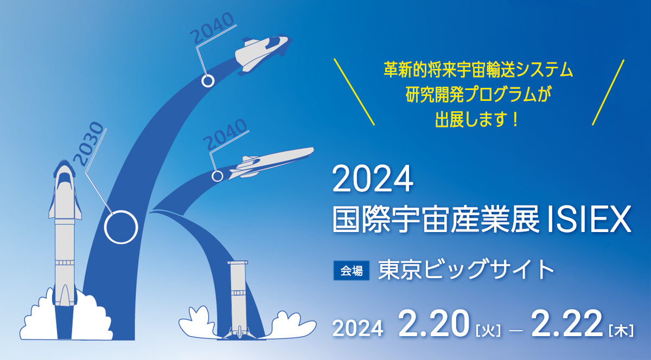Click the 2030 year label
[x=88, y=144]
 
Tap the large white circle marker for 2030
[x=121, y=211]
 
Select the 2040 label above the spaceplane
[x=212, y=27]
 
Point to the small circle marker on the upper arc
[x=208, y=75]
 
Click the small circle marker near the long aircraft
[x=217, y=171]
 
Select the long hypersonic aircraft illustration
[x=272, y=162]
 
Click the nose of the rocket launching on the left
[x=64, y=163]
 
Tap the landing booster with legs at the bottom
[x=238, y=299]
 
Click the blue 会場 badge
[x=352, y=271]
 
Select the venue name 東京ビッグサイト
[x=466, y=270]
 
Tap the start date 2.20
[x=434, y=324]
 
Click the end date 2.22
[x=567, y=324]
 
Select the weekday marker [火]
[x=488, y=331]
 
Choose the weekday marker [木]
[x=621, y=331]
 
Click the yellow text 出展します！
[x=477, y=119]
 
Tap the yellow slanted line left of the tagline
[x=354, y=92]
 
